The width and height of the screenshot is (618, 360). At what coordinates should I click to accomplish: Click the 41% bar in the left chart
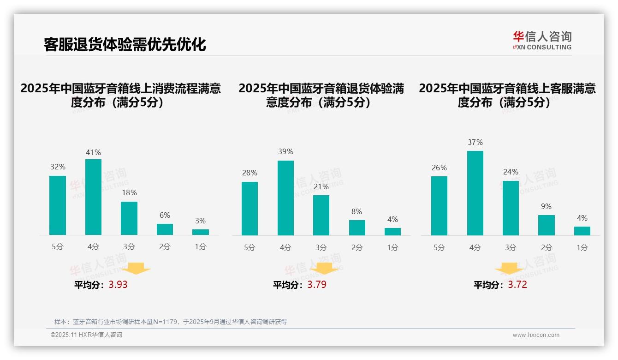(93, 197)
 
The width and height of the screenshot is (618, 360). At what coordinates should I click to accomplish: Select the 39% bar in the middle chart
(285, 198)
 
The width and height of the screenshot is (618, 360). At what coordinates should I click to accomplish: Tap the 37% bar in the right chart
(475, 193)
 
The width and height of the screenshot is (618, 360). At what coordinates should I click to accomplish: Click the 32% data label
(58, 167)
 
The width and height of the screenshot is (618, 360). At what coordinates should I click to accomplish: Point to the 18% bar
(129, 218)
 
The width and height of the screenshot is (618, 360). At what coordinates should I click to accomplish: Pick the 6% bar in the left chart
(165, 229)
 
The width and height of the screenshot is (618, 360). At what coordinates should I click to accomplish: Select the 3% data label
(200, 221)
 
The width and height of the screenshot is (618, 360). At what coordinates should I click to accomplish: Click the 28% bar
(250, 209)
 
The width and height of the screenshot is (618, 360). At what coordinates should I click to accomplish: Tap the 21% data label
(321, 187)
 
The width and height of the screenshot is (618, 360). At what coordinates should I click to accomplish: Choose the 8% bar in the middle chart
(357, 228)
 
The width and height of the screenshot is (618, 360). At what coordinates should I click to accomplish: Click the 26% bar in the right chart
(439, 206)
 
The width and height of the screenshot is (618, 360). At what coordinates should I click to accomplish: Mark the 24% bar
(511, 208)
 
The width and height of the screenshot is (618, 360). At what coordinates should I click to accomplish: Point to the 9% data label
(546, 207)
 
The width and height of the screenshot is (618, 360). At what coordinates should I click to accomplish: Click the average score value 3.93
(118, 285)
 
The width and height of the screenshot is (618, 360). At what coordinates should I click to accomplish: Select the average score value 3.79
(317, 285)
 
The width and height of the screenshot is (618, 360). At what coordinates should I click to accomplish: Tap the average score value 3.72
(517, 285)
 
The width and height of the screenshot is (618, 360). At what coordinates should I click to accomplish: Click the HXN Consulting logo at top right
(542, 40)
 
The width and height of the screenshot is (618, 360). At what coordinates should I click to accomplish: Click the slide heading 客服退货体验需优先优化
(125, 44)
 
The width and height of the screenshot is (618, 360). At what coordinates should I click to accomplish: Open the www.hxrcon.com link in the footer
(536, 335)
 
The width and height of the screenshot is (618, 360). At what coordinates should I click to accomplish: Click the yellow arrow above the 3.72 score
(509, 269)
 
